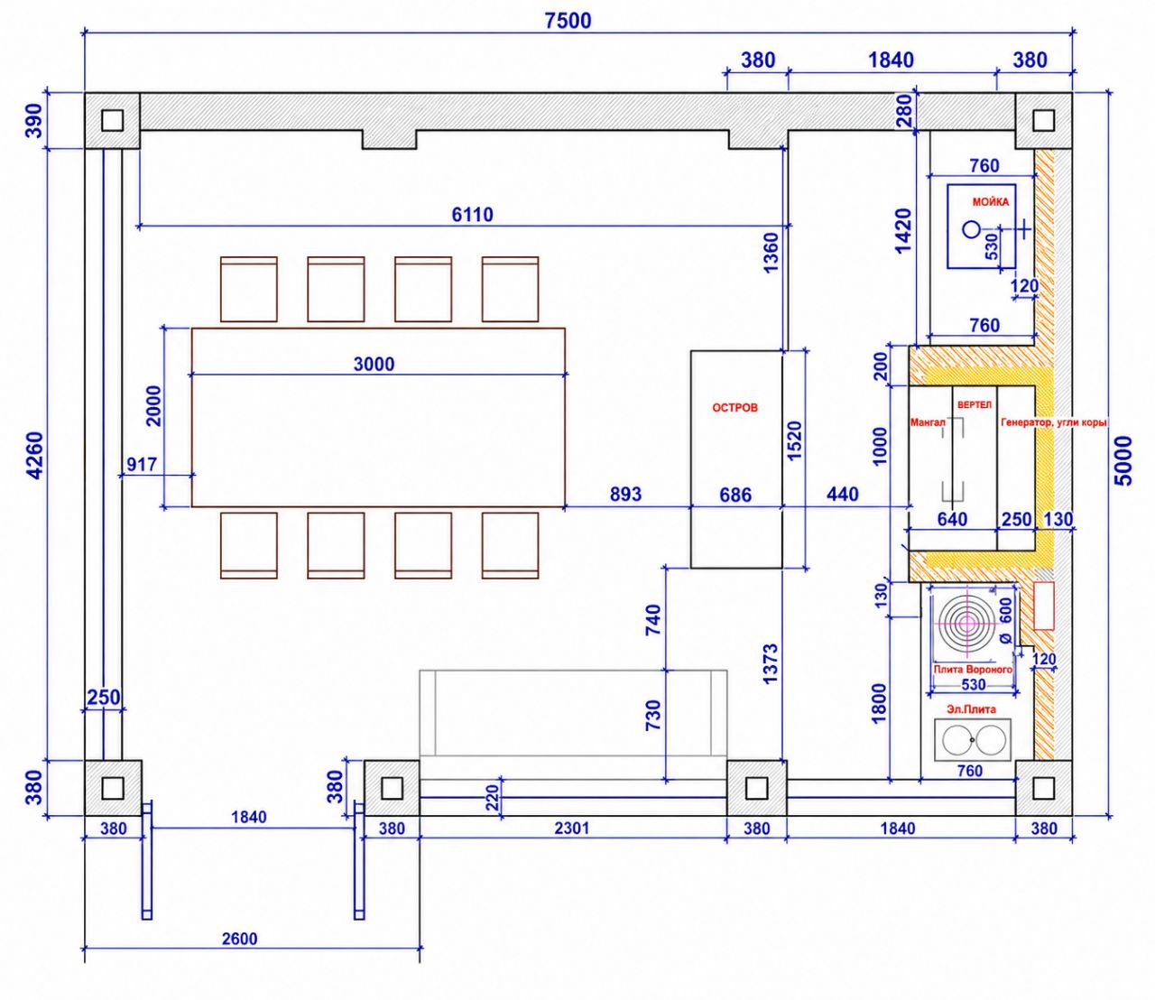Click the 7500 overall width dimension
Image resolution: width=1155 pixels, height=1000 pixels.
pos(568,21)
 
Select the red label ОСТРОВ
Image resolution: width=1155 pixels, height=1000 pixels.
pos(735,408)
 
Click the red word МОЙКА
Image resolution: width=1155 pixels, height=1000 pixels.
pos(991,202)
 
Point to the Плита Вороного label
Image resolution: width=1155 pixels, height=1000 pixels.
pos(973,669)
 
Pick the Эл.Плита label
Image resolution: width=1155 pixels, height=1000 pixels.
pos(971,709)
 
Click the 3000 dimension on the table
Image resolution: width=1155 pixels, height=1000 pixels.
pos(374,364)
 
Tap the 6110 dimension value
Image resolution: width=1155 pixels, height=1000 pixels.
pos(473,214)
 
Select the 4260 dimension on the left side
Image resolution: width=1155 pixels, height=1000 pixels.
pos(34,455)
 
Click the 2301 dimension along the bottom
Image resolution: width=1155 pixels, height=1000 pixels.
pos(572,828)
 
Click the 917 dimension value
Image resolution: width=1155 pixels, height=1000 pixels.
pos(142,464)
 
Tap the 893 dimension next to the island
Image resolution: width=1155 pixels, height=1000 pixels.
pos(626,494)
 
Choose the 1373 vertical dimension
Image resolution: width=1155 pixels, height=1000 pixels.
pos(770,664)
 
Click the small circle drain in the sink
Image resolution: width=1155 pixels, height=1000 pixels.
pos(971,228)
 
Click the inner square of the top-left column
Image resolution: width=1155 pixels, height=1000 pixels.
pos(112,120)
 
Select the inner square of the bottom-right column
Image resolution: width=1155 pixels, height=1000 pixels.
pos(1043,788)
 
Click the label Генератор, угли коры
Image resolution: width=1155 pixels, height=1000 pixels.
pos(1053,422)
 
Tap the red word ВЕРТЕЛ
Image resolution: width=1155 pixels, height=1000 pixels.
pos(975,404)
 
